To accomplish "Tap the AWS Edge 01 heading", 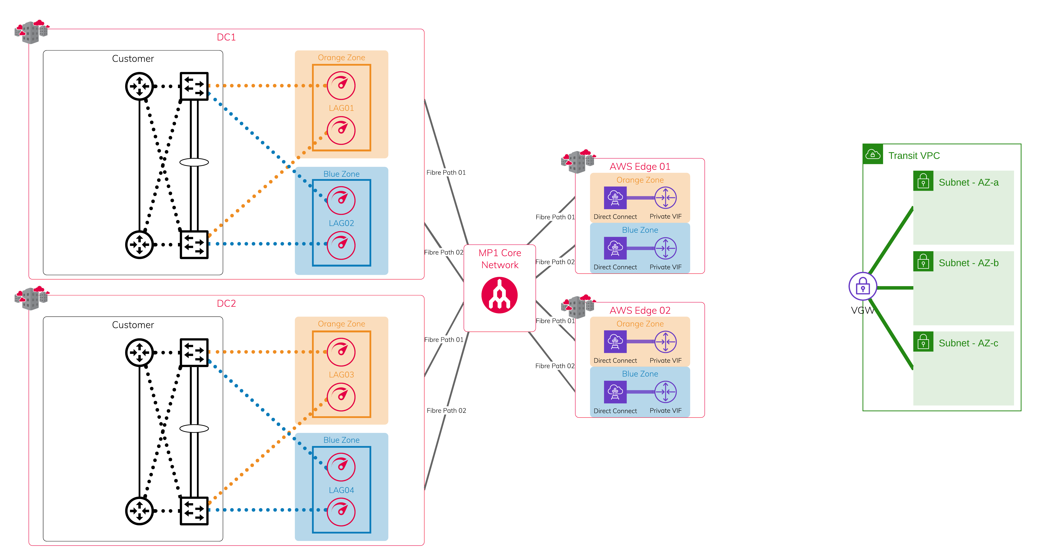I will click(x=640, y=166).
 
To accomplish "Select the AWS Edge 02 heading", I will click(x=640, y=310).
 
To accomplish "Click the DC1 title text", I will click(x=226, y=37).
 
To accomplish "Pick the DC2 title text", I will click(x=226, y=303).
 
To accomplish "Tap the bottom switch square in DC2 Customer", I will click(x=194, y=510).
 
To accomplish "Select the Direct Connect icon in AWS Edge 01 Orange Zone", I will click(x=615, y=198).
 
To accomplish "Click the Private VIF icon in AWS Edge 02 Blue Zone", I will click(x=665, y=392).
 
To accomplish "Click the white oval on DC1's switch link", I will click(x=194, y=162).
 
